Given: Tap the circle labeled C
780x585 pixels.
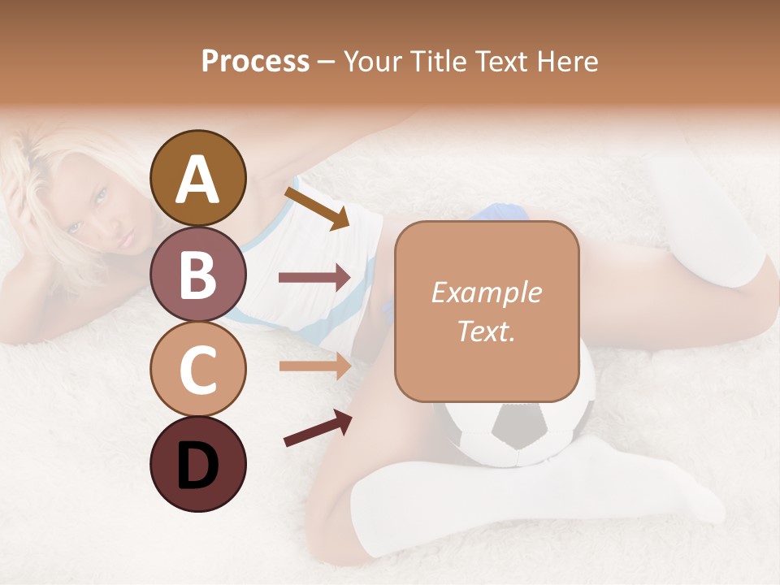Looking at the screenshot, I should pyautogui.click(x=197, y=369).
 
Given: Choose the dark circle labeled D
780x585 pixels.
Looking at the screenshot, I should pyautogui.click(x=197, y=464).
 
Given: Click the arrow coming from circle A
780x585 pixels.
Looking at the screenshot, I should pyautogui.click(x=316, y=208).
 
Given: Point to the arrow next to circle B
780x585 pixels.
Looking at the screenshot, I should pyautogui.click(x=314, y=278).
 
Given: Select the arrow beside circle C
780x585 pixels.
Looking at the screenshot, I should pyautogui.click(x=314, y=366).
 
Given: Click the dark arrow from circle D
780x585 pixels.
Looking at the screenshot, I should pyautogui.click(x=317, y=428).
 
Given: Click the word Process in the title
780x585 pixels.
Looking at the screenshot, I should pyautogui.click(x=255, y=61).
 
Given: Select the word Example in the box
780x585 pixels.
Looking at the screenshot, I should pyautogui.click(x=486, y=292).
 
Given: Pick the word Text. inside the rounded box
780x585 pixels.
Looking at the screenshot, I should pyautogui.click(x=486, y=331).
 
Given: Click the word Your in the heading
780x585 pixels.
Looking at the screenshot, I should pyautogui.click(x=375, y=61).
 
